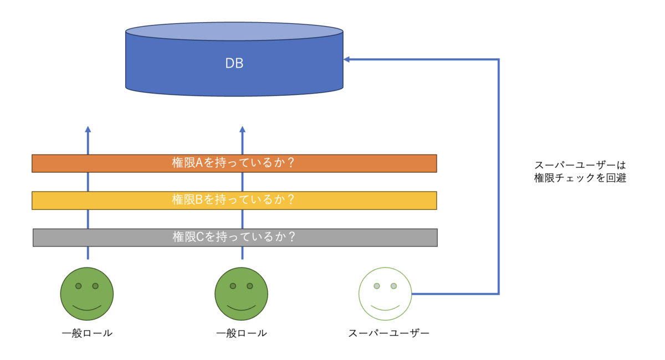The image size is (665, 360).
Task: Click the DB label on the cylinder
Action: (x=234, y=64)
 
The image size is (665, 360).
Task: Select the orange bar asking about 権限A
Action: (x=234, y=163)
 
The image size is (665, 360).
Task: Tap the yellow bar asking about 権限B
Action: (x=234, y=200)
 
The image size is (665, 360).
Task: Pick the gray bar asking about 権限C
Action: (x=234, y=237)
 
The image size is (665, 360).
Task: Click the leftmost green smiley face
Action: (x=87, y=294)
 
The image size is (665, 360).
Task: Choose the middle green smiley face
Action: (x=241, y=294)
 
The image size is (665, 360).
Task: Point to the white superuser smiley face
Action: (x=385, y=294)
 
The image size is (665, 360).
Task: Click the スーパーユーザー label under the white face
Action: (x=389, y=333)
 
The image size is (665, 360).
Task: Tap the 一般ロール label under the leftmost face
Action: (x=87, y=333)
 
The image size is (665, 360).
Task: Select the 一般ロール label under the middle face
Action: (x=241, y=333)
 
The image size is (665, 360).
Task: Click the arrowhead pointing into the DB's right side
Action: (x=346, y=59)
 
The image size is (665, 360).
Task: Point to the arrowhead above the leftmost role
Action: (x=88, y=129)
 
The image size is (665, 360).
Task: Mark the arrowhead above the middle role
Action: (x=242, y=129)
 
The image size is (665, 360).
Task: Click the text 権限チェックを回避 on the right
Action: (x=580, y=178)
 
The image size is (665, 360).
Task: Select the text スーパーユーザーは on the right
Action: (x=580, y=166)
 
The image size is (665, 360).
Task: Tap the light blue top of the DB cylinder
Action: (x=234, y=31)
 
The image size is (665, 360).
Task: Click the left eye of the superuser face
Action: (x=377, y=286)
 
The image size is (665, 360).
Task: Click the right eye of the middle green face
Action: (x=250, y=286)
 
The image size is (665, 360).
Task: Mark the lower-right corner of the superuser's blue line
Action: (x=498, y=294)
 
